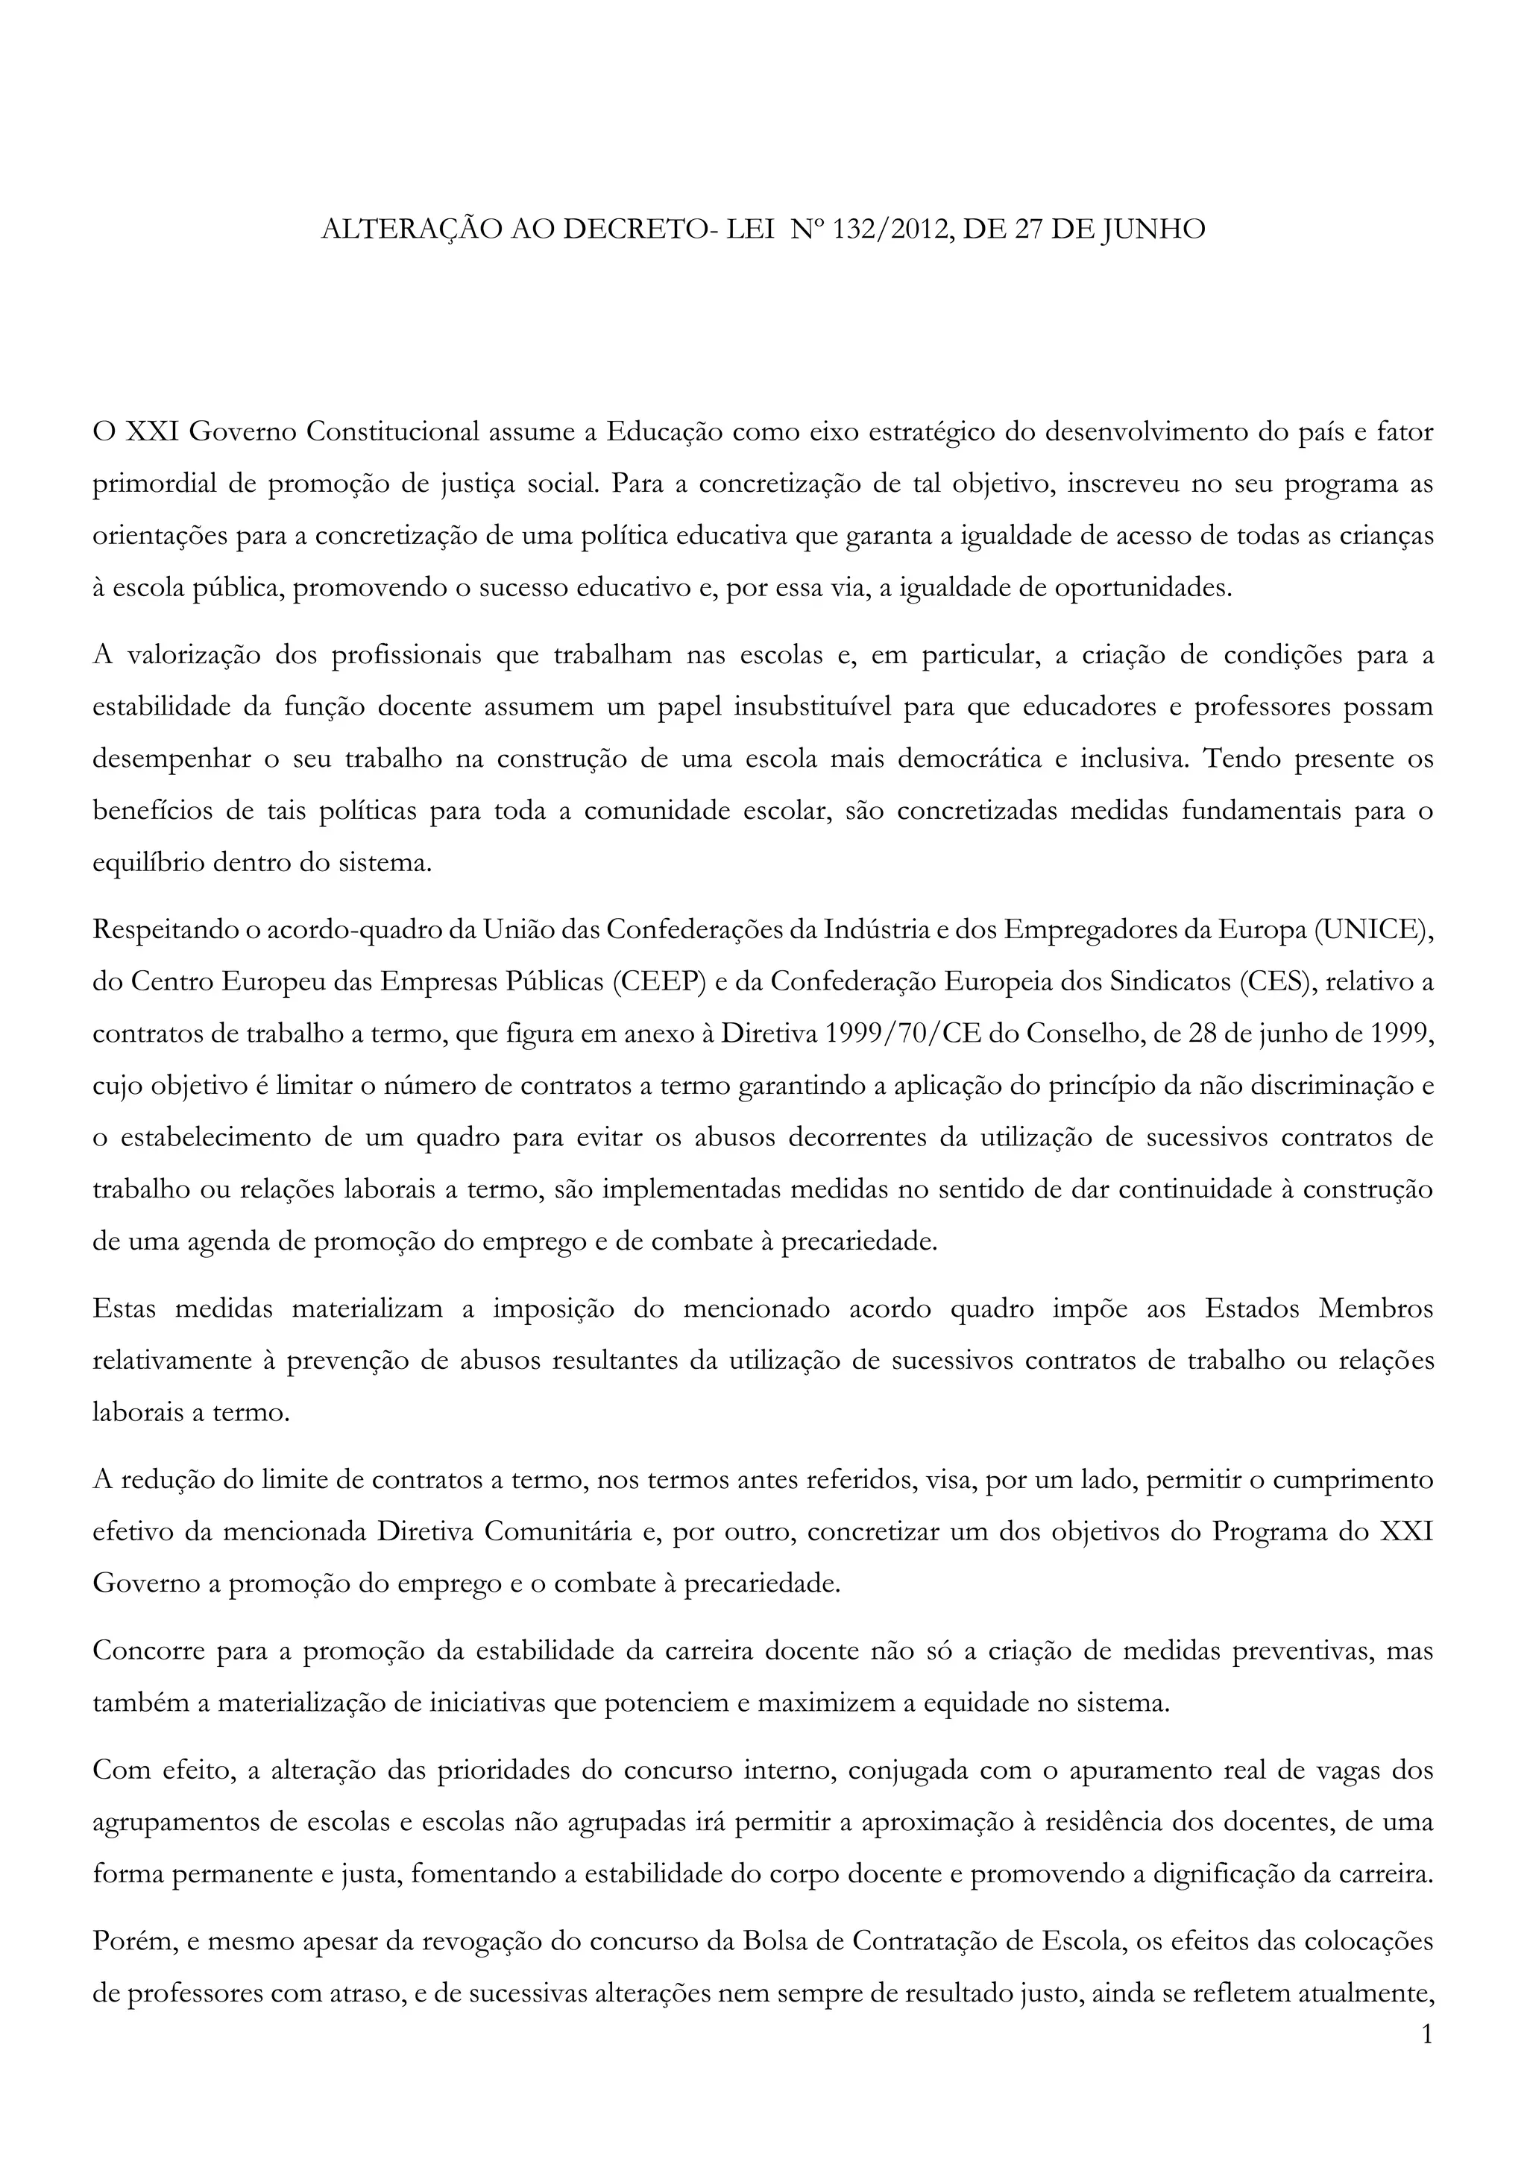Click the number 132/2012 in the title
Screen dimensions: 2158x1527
pyautogui.click(x=883, y=230)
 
